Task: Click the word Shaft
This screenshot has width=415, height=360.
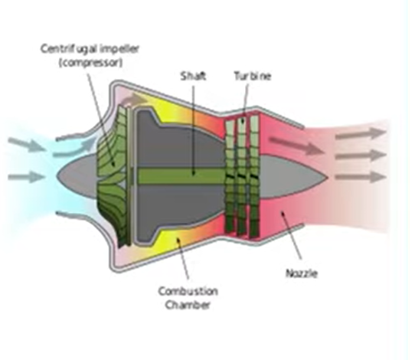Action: pyautogui.click(x=193, y=77)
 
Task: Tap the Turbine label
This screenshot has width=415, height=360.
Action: pyautogui.click(x=253, y=77)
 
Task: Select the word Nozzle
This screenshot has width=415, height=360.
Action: pyautogui.click(x=302, y=273)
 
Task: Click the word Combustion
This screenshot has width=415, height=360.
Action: pyautogui.click(x=188, y=291)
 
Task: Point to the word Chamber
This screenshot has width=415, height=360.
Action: pyautogui.click(x=188, y=305)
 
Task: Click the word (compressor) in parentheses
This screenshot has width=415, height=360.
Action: pyautogui.click(x=91, y=63)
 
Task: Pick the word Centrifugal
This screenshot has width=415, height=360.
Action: pyautogui.click(x=70, y=49)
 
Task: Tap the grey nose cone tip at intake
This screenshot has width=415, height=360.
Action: pyautogui.click(x=57, y=175)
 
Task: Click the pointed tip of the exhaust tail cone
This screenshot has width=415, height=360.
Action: pyautogui.click(x=328, y=178)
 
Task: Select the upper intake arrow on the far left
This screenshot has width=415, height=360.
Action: pyautogui.click(x=27, y=145)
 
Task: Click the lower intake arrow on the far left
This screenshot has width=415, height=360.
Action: pyautogui.click(x=27, y=177)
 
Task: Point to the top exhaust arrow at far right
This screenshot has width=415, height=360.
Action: pyautogui.click(x=361, y=133)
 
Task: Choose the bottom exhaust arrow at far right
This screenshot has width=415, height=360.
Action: pyautogui.click(x=361, y=177)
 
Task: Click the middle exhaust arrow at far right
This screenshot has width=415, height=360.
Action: pyautogui.click(x=361, y=155)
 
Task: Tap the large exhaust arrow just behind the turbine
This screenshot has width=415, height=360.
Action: pyautogui.click(x=296, y=146)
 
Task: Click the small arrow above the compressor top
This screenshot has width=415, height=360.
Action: pyautogui.click(x=137, y=99)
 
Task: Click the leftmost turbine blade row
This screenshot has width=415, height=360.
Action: pyautogui.click(x=230, y=175)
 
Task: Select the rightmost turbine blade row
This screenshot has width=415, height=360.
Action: pyautogui.click(x=254, y=176)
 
